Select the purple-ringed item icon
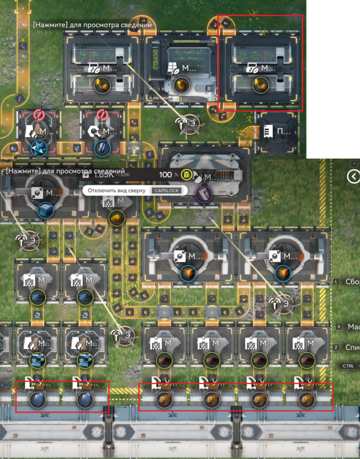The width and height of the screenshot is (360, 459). point(204,193)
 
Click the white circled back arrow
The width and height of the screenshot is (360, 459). point(353,176)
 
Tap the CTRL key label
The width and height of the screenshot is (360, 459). point(348,366)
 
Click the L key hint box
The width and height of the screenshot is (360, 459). point(336,282)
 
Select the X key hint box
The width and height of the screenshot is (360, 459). point(339,326)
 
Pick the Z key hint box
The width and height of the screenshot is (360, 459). point(336,347)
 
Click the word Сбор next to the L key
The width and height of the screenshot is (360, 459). point(352,282)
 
